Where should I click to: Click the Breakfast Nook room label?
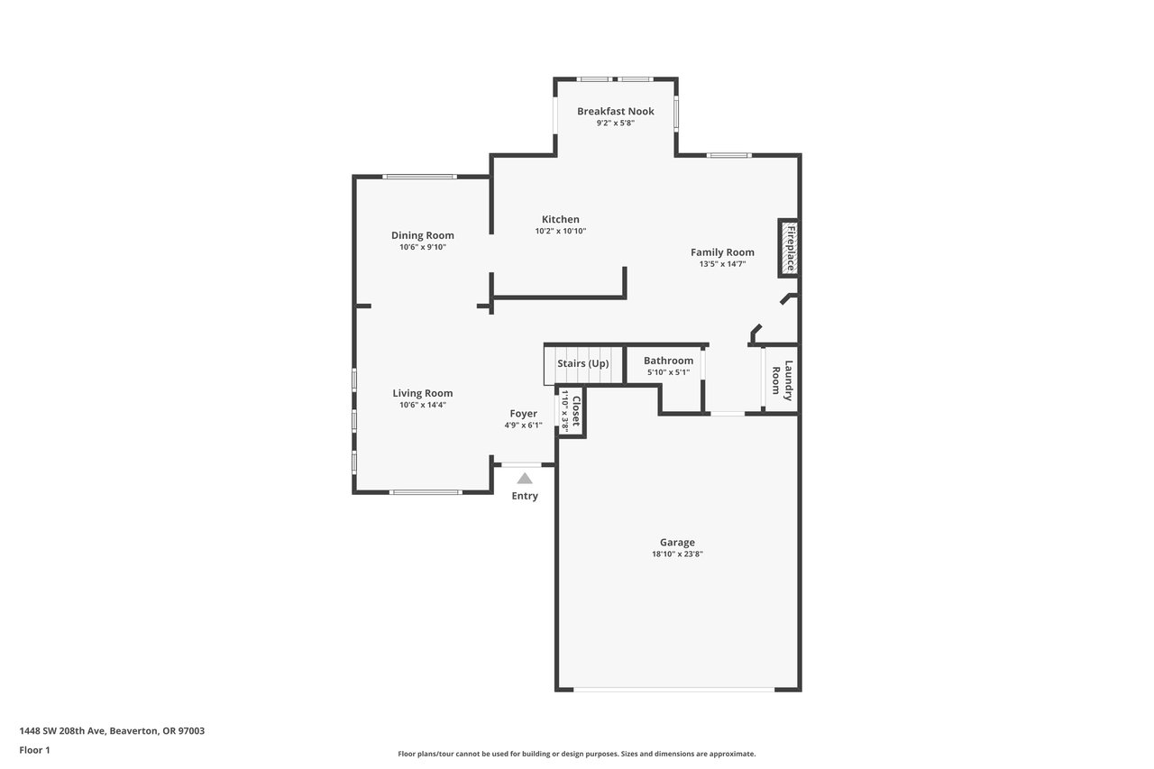point(615,111)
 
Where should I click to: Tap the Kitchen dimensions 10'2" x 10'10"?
point(561,232)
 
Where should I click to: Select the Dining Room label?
point(423,235)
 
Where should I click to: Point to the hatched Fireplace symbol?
point(789,248)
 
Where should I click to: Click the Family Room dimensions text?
point(722,264)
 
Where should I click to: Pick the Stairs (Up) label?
point(582,363)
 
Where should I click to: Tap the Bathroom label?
point(668,361)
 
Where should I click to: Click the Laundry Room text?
point(782,380)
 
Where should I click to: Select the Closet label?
point(576,411)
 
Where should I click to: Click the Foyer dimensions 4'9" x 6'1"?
point(523,426)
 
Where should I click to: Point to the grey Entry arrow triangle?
point(525,479)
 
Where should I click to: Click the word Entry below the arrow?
point(525,496)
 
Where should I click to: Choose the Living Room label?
point(423,393)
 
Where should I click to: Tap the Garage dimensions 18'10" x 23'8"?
point(677,554)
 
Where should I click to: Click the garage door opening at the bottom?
point(673,689)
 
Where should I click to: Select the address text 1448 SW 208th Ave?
point(62,731)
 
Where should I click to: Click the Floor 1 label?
point(34,750)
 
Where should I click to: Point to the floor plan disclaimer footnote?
point(576,754)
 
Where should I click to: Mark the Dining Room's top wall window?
point(419,177)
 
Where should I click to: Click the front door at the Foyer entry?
point(521,465)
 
